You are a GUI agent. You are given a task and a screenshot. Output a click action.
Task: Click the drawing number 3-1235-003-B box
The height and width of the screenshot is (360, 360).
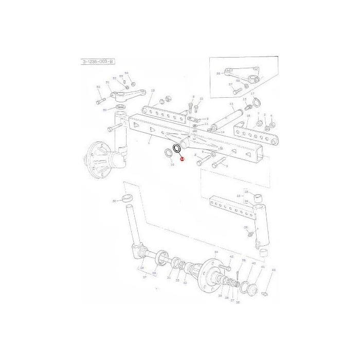tap(97, 62)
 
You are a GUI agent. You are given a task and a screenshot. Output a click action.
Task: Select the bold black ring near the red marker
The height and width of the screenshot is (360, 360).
tap(176, 149)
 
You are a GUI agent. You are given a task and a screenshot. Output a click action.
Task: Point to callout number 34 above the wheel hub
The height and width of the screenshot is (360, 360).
tap(216, 252)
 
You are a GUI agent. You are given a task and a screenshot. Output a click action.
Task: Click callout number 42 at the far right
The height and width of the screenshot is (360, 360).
tap(274, 269)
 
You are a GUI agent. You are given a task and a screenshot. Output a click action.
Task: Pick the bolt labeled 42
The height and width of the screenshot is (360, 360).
tap(264, 294)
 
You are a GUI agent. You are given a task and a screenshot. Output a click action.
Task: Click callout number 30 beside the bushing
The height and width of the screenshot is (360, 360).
tap(114, 201)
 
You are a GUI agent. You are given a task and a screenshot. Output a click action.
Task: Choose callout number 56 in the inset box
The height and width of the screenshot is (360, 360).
tap(219, 74)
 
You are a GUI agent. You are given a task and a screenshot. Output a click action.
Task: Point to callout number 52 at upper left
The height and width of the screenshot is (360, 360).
tap(98, 87)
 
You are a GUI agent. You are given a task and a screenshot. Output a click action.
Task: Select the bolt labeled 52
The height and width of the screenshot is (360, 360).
tap(100, 100)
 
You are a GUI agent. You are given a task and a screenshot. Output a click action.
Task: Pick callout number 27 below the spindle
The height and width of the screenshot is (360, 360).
tap(145, 277)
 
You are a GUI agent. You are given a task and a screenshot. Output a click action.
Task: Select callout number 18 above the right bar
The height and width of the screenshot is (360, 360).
tap(248, 116)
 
